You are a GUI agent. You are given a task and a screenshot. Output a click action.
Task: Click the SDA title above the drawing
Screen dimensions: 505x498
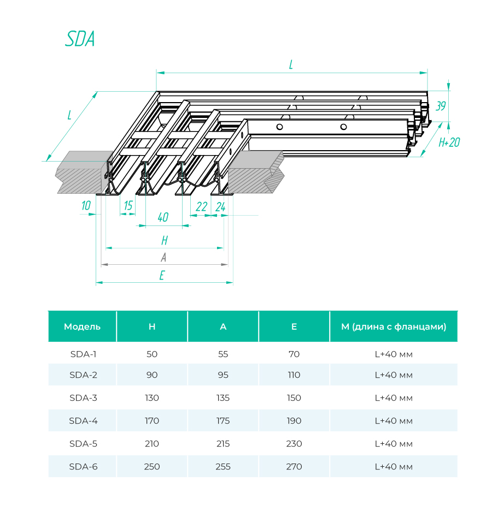click(x=80, y=39)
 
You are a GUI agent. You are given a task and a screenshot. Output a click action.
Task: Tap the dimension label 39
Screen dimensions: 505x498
click(x=441, y=106)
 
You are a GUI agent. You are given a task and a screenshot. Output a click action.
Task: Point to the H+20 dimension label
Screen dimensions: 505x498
click(x=449, y=142)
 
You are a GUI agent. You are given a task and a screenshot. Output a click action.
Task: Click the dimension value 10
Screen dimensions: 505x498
click(x=86, y=206)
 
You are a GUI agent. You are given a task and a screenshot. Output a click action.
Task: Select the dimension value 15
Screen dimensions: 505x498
click(x=128, y=206)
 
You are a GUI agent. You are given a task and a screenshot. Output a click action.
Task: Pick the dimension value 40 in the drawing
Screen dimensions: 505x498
click(x=162, y=217)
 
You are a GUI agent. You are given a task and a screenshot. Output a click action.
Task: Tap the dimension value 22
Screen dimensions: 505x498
click(x=201, y=206)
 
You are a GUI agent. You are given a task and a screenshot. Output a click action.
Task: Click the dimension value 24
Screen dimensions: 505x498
click(x=220, y=206)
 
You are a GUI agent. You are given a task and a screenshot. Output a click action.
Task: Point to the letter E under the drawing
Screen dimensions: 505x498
click(x=162, y=276)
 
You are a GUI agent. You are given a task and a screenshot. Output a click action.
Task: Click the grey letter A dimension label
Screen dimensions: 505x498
click(x=163, y=258)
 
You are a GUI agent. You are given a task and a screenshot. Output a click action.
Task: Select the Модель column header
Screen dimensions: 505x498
click(x=82, y=326)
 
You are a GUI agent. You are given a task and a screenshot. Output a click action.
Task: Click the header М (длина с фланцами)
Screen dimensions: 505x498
click(x=393, y=326)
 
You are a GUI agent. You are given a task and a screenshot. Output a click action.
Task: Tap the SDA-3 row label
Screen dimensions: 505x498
click(x=83, y=397)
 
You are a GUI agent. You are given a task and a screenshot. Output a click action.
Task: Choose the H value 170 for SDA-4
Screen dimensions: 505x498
click(x=152, y=420)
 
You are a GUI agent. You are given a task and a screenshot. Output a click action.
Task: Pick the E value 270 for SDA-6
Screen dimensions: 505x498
click(x=294, y=466)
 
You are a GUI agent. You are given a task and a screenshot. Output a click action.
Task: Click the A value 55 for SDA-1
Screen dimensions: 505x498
click(x=223, y=354)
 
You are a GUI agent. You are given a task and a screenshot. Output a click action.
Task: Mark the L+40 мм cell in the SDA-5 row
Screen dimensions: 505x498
click(x=393, y=443)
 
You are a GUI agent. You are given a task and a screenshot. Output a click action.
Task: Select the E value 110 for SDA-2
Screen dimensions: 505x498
click(x=294, y=375)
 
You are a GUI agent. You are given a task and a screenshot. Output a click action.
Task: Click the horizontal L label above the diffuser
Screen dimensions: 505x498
click(x=291, y=65)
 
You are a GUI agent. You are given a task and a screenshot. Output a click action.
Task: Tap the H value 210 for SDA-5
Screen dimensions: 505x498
click(x=152, y=443)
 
